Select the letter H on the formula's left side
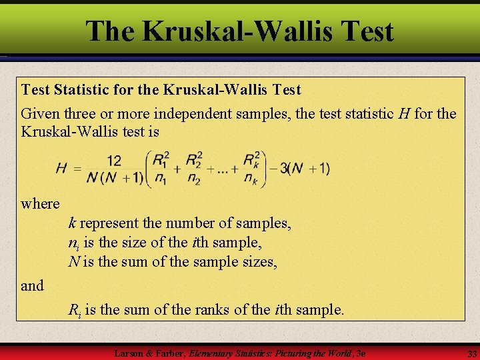pyautogui.click(x=61, y=168)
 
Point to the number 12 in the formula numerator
pyautogui.click(x=113, y=160)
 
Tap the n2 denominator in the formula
pyautogui.click(x=194, y=179)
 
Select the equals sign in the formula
pyautogui.click(x=77, y=169)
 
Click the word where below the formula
pyautogui.click(x=40, y=203)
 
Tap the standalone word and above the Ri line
pyautogui.click(x=32, y=286)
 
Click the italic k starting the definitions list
pyautogui.click(x=71, y=223)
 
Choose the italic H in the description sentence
pyautogui.click(x=404, y=114)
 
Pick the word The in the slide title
pyautogui.click(x=109, y=31)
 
